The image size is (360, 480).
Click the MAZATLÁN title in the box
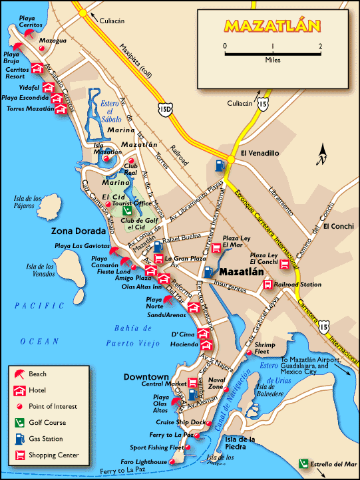click(x=272, y=27)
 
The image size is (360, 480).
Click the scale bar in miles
click(x=273, y=50)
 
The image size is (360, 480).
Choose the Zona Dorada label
click(x=79, y=231)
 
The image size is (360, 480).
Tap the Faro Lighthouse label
click(x=142, y=461)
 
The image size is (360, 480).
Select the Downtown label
click(x=146, y=377)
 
